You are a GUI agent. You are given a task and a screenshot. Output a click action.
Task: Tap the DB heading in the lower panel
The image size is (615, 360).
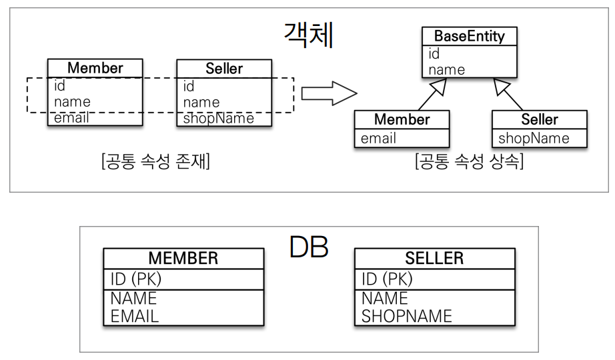(x=310, y=247)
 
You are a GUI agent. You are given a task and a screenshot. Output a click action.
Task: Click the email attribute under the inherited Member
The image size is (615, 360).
(x=378, y=138)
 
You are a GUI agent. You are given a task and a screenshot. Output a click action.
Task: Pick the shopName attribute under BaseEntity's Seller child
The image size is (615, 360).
(x=534, y=138)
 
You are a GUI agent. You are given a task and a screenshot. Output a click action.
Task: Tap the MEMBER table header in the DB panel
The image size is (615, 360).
(x=183, y=259)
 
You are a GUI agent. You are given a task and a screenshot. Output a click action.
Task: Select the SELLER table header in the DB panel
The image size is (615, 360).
(x=435, y=259)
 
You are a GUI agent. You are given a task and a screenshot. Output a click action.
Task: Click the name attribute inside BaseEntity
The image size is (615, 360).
(x=446, y=69)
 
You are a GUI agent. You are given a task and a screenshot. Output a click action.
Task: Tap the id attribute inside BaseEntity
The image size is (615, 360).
(x=434, y=55)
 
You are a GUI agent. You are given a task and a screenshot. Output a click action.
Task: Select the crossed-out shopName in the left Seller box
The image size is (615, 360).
(x=219, y=118)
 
